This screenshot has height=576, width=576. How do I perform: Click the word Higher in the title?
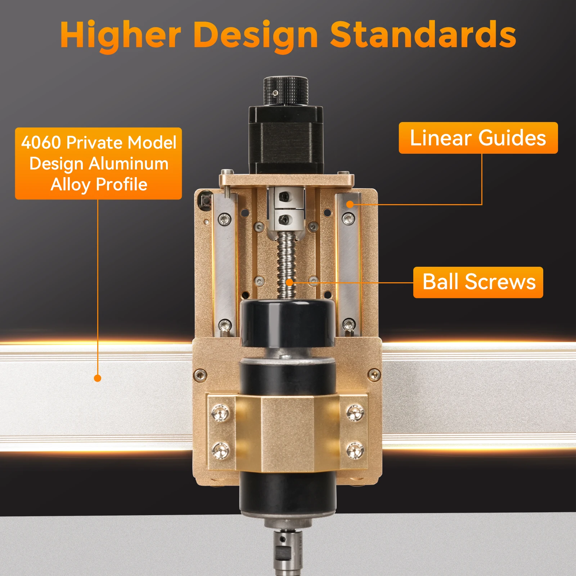coord(121,35)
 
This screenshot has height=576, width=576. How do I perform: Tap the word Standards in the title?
coord(423,35)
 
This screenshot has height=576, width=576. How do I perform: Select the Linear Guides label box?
coord(478,138)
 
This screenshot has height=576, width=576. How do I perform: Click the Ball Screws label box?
coord(478,282)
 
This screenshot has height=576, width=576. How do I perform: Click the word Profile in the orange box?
coord(122,185)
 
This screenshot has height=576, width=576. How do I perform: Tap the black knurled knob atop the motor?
coord(285,91)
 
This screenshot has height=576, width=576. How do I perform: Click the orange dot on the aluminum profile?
coord(98,378)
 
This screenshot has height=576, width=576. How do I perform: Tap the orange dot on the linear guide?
coord(350,204)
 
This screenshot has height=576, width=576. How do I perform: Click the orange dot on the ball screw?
coord(289,282)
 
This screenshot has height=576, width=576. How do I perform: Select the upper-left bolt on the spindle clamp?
coord(220,412)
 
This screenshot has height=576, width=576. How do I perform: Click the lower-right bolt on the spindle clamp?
coord(355,450)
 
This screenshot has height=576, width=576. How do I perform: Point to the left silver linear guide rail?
coord(226,266)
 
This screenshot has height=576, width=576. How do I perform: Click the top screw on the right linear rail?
coord(348,218)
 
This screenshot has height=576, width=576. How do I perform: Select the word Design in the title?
coord(256,35)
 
